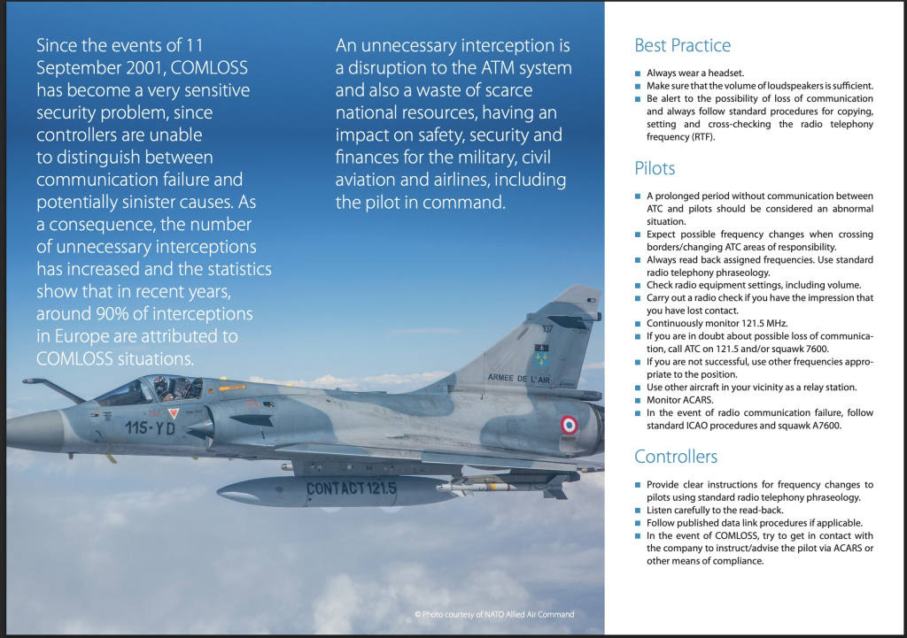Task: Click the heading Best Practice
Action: (682, 46)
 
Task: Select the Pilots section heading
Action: (655, 168)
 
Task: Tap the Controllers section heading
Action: (676, 457)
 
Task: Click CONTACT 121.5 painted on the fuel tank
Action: (351, 488)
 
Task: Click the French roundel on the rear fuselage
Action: (569, 425)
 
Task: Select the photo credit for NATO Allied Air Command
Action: (494, 614)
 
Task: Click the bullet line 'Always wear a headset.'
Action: (694, 73)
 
